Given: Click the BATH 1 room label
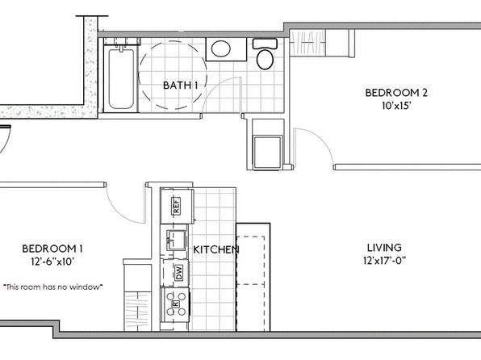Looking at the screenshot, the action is pos(181,86).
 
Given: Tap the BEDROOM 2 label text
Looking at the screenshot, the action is pos(396,93).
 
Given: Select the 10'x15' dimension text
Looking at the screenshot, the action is pos(396,106).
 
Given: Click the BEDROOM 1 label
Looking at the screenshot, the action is pos(52,249).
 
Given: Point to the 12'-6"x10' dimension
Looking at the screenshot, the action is pos(52,262).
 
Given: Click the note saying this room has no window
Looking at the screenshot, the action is pos(52,287).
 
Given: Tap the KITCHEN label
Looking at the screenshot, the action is pos(216,249).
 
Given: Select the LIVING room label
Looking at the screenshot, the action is pos(384,247).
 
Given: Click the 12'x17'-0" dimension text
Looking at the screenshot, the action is pos(384,261).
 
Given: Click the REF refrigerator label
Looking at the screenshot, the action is pos(177,206).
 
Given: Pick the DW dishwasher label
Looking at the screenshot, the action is pos(179,272).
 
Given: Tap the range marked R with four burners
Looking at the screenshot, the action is pos(176,304).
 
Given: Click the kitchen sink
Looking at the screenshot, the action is pos(176,240).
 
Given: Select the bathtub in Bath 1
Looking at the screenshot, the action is pos(121,78).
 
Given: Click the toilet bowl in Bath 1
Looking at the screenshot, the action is pos(265,59).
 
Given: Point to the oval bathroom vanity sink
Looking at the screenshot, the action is pos(221,48).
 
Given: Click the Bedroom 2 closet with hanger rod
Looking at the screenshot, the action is pos(307,43).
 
